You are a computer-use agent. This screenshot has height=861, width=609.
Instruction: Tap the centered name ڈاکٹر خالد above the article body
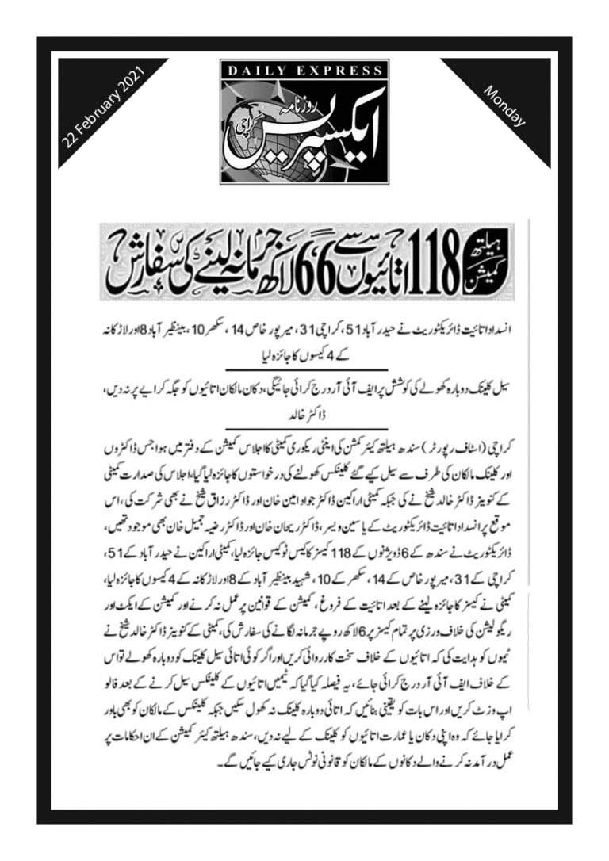(x=305, y=414)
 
